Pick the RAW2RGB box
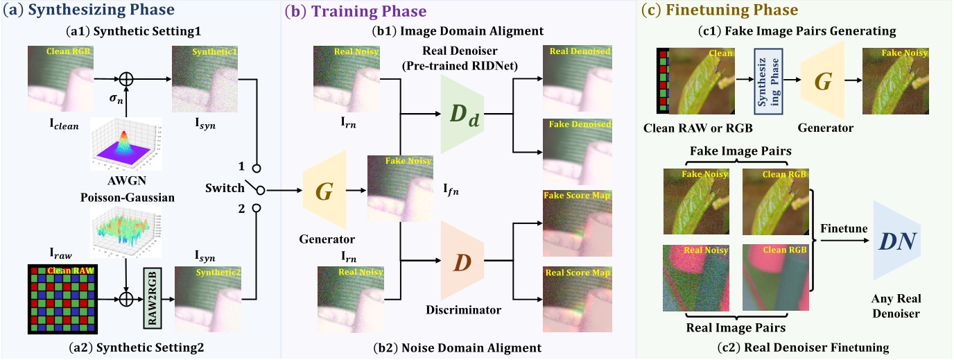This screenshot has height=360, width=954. (x=155, y=299)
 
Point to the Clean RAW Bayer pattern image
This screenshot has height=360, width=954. (x=60, y=299)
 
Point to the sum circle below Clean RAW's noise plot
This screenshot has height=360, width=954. (x=127, y=300)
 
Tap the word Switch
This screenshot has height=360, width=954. (x=225, y=188)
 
